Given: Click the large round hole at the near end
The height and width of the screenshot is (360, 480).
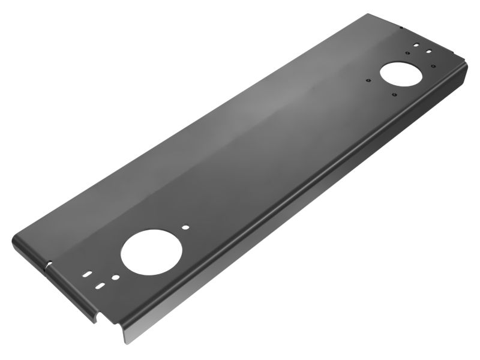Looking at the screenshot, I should pyautogui.click(x=151, y=250).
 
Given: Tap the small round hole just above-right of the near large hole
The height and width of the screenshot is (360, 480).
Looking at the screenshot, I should pyautogui.click(x=187, y=228).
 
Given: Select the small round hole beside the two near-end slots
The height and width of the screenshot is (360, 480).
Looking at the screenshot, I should pyautogui.click(x=115, y=278).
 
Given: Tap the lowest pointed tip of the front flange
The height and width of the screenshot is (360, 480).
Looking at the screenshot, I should pyautogui.click(x=124, y=343).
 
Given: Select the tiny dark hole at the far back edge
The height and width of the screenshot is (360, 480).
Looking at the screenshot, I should pyautogui.click(x=401, y=27).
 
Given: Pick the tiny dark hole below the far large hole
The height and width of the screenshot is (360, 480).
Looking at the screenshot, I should pyautogui.click(x=394, y=95).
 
